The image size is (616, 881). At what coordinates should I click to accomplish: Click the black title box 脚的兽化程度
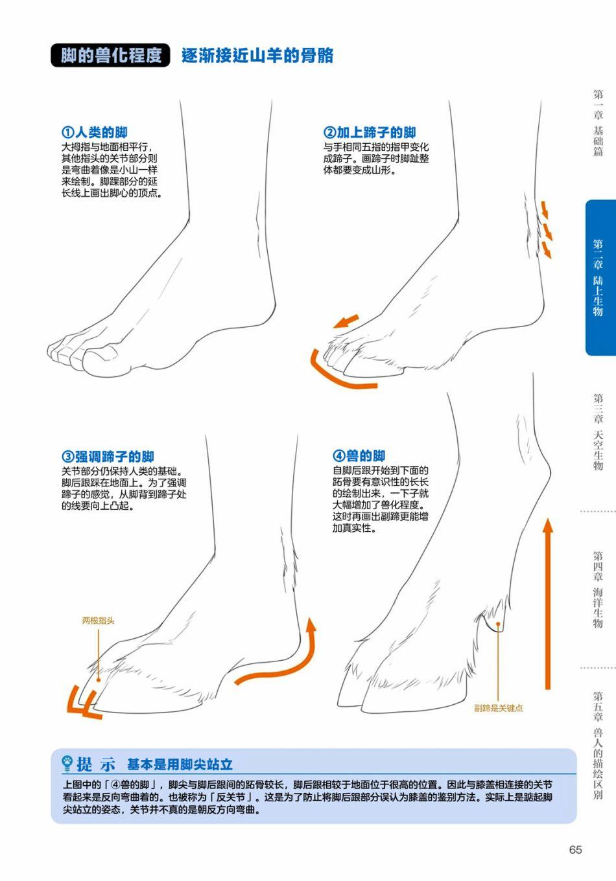(110, 55)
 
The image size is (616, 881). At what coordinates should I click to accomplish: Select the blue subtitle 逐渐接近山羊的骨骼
(257, 56)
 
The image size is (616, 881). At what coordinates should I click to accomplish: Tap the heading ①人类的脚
(95, 132)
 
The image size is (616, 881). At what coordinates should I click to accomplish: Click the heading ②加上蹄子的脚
(370, 132)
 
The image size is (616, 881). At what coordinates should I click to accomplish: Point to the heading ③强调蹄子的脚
(108, 456)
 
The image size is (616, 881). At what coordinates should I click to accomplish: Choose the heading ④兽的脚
(359, 455)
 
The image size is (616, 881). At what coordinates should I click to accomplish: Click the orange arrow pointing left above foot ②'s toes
(346, 321)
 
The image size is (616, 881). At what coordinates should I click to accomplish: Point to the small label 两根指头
(98, 621)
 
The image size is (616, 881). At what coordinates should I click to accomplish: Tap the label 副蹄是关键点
(498, 708)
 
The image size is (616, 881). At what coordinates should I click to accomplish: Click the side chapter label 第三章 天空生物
(598, 431)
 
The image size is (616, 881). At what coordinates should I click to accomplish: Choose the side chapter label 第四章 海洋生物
(598, 589)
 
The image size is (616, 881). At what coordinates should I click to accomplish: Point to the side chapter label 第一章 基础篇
(598, 122)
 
